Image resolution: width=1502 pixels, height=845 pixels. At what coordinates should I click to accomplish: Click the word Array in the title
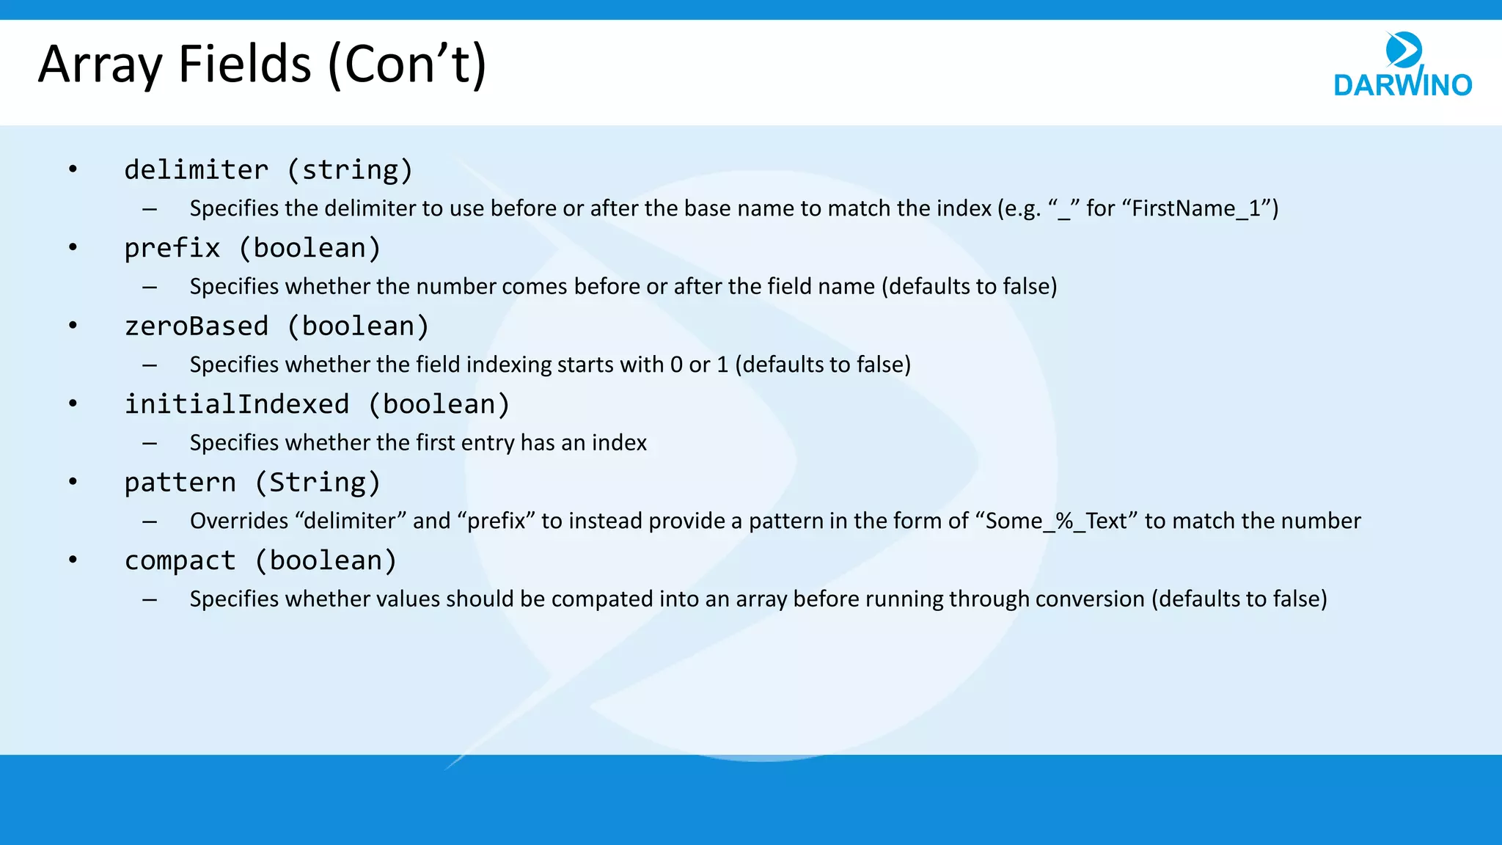coord(100,66)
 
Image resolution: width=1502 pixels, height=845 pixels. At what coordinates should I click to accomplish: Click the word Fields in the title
coord(245,65)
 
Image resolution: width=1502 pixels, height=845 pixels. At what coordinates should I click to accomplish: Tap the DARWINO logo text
coord(1402,85)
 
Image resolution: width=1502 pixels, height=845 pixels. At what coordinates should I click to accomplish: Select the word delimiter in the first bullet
coord(196,170)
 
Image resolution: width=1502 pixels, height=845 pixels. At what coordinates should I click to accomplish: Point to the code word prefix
coord(172,248)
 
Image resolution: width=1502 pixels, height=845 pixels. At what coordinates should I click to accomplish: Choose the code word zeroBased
coord(196,326)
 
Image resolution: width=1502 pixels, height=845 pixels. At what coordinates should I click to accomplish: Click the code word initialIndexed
coord(236,404)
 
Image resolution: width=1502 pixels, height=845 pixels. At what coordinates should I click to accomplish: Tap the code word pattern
coord(180,483)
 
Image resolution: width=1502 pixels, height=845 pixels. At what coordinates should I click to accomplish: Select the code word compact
coord(180,560)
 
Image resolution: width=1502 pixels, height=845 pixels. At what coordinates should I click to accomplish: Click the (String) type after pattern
coord(318,483)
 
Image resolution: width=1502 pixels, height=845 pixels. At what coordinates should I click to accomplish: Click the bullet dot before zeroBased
coord(73,326)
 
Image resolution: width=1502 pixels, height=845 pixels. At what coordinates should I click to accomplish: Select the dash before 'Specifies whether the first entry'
coord(150,443)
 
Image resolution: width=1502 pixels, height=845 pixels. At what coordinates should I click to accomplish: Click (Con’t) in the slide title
coord(407,66)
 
